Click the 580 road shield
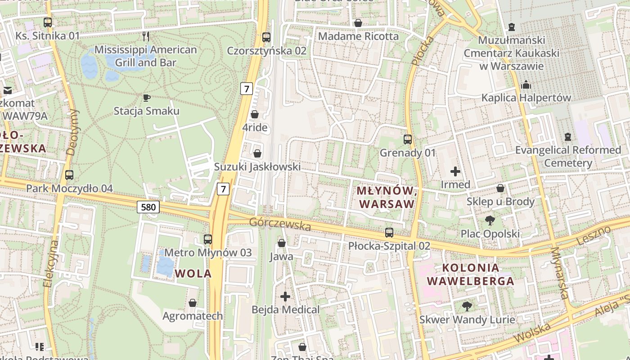click(x=149, y=207)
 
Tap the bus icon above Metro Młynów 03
click(x=208, y=239)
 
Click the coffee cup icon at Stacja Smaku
click(x=146, y=98)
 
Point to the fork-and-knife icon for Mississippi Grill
click(x=145, y=36)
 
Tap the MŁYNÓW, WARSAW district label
click(x=385, y=197)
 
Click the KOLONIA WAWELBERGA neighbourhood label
click(x=470, y=274)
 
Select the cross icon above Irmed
click(x=455, y=171)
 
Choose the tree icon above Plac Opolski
click(x=490, y=220)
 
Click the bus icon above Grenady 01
click(x=408, y=139)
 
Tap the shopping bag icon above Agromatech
click(x=193, y=303)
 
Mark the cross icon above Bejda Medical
click(x=285, y=297)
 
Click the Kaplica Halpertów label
click(x=526, y=98)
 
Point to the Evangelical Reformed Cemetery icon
click(x=568, y=136)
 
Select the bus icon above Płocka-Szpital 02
click(x=389, y=233)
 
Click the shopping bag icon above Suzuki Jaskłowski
click(x=257, y=153)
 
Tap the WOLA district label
click(x=193, y=273)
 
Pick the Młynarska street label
click(x=559, y=273)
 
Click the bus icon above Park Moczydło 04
click(x=69, y=175)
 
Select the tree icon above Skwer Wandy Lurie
click(x=467, y=306)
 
